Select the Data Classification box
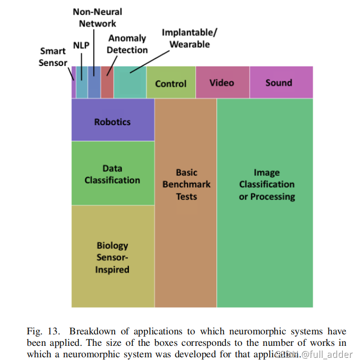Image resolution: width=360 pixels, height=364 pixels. click(x=113, y=174)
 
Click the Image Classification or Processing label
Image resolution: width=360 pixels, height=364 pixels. click(x=266, y=184)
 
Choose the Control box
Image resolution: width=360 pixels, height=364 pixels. click(x=171, y=83)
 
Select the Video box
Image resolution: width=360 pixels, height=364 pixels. click(x=222, y=83)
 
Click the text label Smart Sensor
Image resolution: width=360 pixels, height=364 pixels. click(x=53, y=57)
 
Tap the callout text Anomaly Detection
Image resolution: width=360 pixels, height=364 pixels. click(x=127, y=44)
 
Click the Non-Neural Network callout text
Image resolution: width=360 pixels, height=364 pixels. click(x=97, y=17)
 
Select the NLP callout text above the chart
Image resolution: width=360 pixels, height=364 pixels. click(x=81, y=45)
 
